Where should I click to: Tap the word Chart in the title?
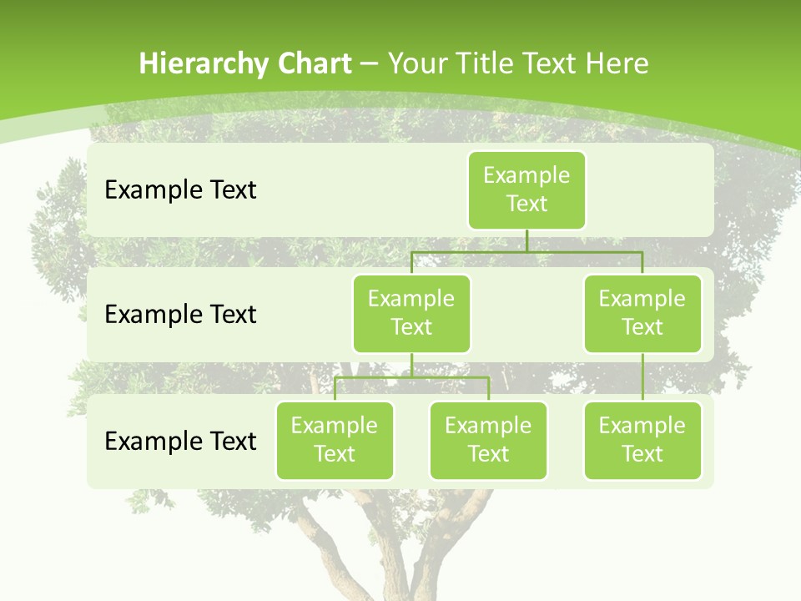coord(314,63)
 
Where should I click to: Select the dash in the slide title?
coord(369,63)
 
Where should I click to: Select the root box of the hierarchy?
coord(526,189)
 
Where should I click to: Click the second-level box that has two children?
coord(411,313)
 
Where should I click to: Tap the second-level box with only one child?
coord(642,313)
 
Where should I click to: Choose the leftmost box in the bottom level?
coord(335,440)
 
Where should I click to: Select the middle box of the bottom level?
coord(488,440)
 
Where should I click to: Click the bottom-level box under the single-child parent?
coord(642,440)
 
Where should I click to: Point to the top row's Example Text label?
coord(180,190)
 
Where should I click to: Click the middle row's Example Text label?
coord(180,315)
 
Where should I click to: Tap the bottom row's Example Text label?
coord(180,441)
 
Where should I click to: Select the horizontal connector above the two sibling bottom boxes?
coord(451,377)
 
